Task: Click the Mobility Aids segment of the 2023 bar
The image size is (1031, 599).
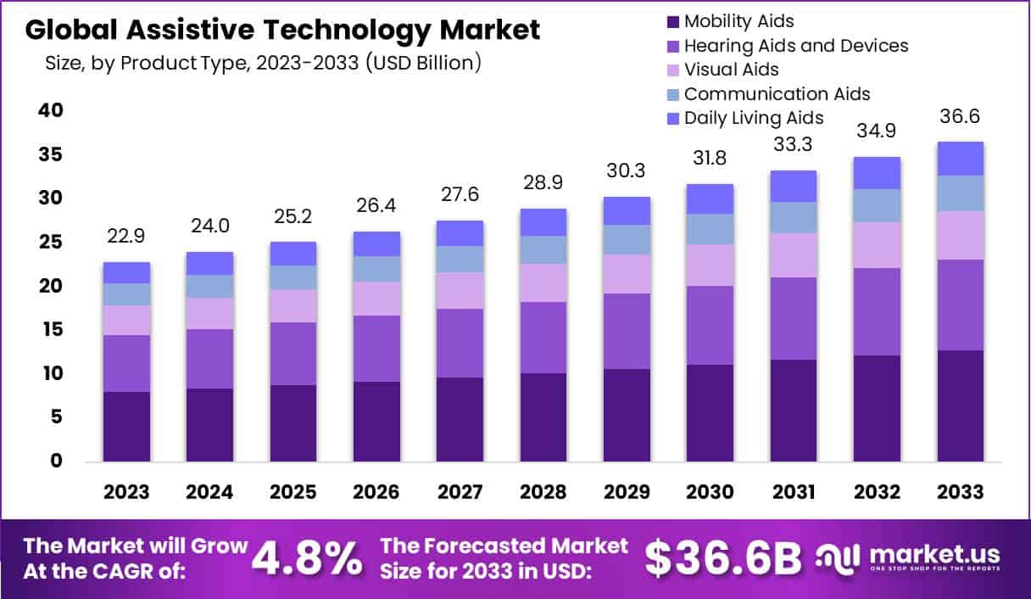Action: (127, 426)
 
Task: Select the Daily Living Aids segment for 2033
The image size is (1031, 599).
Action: (960, 159)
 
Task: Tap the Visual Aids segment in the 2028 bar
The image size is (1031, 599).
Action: (543, 283)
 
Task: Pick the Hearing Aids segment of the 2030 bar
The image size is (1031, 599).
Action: (710, 325)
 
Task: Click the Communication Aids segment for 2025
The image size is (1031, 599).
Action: (293, 277)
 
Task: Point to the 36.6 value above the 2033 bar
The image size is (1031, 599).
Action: (960, 116)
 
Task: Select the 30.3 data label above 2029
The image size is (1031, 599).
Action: (627, 171)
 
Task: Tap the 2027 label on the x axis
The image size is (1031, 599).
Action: (460, 492)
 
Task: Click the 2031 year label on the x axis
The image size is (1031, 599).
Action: (793, 492)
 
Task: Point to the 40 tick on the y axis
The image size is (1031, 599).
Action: (50, 111)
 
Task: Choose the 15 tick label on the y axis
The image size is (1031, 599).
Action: (50, 330)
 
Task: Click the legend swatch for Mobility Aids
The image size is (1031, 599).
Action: (674, 21)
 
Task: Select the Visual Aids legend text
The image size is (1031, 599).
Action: (731, 70)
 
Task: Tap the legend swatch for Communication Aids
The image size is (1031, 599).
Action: (674, 94)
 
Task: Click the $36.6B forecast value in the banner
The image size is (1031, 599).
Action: (723, 557)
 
